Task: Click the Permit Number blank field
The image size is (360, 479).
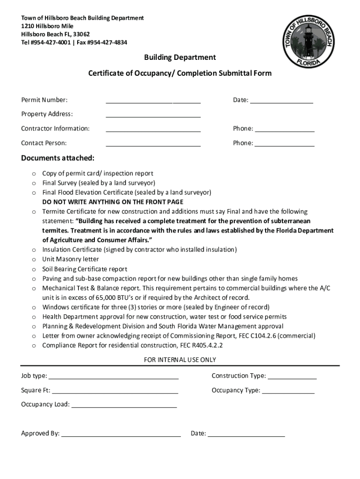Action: pos(153,100)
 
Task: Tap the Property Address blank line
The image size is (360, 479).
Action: pos(153,115)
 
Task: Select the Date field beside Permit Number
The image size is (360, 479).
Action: pos(281,100)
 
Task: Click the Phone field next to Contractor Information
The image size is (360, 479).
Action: pos(285,129)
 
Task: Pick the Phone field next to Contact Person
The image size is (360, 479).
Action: pos(285,143)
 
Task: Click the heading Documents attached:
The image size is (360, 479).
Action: pos(58,158)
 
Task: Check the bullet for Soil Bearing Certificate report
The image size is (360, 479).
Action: pos(34,269)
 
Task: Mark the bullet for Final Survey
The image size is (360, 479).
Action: pos(34,183)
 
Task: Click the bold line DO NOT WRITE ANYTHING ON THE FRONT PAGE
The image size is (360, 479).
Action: pos(113,202)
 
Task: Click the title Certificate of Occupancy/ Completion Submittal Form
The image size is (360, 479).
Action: pos(180,73)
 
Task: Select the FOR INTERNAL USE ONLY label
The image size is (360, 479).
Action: pos(180,360)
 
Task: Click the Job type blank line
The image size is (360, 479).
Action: pos(114,376)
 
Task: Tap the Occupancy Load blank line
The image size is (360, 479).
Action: pos(124,405)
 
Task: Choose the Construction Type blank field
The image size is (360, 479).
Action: pos(292,376)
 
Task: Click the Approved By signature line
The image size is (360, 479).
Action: pos(121,434)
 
